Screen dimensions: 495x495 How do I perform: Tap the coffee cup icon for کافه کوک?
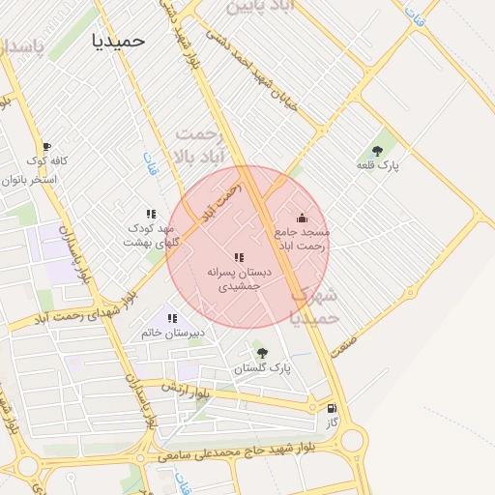[46, 146]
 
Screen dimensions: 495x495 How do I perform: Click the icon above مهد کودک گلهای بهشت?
[151, 214]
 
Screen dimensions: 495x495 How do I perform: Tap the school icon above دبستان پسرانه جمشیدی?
[239, 257]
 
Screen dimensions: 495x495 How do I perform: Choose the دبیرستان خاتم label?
[173, 333]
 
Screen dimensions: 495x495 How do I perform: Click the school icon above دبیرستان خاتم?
[174, 317]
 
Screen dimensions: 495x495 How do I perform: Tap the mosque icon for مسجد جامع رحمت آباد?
[302, 218]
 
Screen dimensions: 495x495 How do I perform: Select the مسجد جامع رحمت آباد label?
[302, 239]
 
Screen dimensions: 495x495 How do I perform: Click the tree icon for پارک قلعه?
[377, 151]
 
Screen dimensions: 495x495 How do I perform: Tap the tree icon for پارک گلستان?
[262, 353]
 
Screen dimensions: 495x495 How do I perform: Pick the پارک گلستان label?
[266, 368]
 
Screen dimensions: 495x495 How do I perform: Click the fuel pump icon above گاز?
[333, 409]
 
